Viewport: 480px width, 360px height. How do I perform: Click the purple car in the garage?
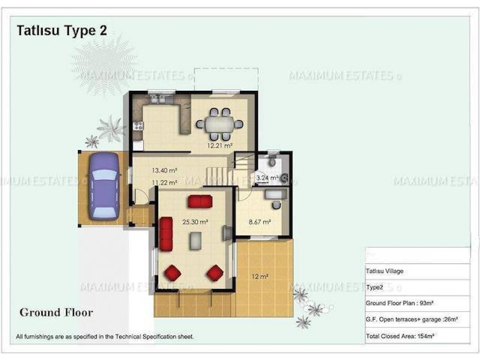point(104,186)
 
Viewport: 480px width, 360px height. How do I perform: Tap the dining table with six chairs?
point(219,124)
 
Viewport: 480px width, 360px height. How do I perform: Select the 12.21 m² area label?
point(220,145)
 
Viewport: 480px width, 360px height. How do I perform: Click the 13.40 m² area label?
point(164,170)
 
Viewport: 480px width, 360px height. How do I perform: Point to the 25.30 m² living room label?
point(195,222)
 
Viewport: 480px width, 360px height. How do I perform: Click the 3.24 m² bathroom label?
point(267,178)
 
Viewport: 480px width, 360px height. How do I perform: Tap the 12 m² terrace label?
point(260,276)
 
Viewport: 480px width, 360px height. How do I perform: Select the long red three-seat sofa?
point(166,234)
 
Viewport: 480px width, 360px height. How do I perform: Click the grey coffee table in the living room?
point(196,241)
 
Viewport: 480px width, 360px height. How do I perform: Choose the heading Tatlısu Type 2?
point(62,31)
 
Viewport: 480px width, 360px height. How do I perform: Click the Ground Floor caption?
point(56,312)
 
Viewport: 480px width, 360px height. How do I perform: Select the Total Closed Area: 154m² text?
point(400,336)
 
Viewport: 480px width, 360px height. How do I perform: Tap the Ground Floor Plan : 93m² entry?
point(400,303)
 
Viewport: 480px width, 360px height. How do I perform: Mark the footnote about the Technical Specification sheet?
point(105,337)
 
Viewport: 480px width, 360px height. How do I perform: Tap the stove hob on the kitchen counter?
point(138,126)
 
